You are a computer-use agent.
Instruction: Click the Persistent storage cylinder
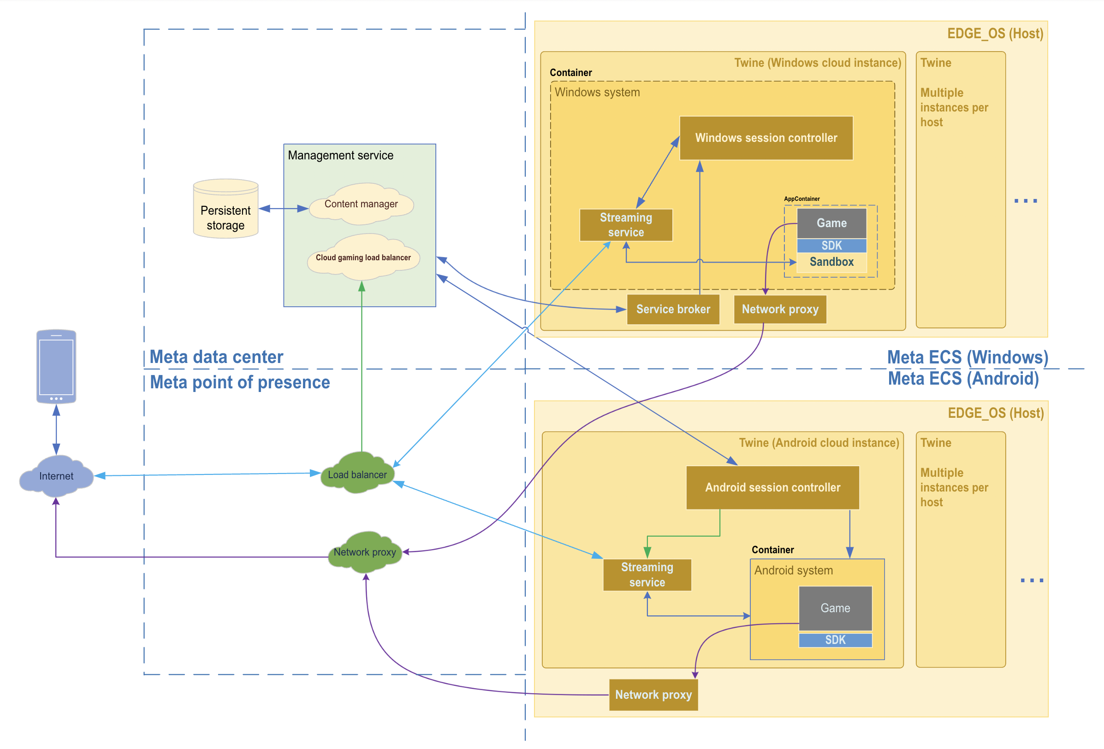[226, 210]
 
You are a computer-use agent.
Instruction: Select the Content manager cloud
[361, 205]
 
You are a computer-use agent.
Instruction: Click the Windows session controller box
[766, 138]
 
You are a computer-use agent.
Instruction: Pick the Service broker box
[673, 310]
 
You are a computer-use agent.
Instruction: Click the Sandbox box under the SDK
[831, 262]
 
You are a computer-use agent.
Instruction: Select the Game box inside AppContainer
[831, 223]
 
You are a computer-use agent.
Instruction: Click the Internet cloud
[56, 476]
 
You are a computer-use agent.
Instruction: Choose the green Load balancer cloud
[357, 474]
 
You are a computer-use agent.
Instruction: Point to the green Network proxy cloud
[364, 552]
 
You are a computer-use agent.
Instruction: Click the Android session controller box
[772, 487]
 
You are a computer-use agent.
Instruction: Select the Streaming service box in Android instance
[647, 575]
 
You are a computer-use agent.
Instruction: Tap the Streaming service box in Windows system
[626, 225]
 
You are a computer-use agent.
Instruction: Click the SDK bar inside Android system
[835, 640]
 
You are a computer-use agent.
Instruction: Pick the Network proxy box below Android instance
[653, 695]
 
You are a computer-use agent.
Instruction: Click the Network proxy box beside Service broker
[780, 310]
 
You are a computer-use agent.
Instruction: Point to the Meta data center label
[216, 357]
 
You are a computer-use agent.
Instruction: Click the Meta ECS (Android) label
[963, 379]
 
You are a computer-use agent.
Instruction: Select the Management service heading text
[341, 156]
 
